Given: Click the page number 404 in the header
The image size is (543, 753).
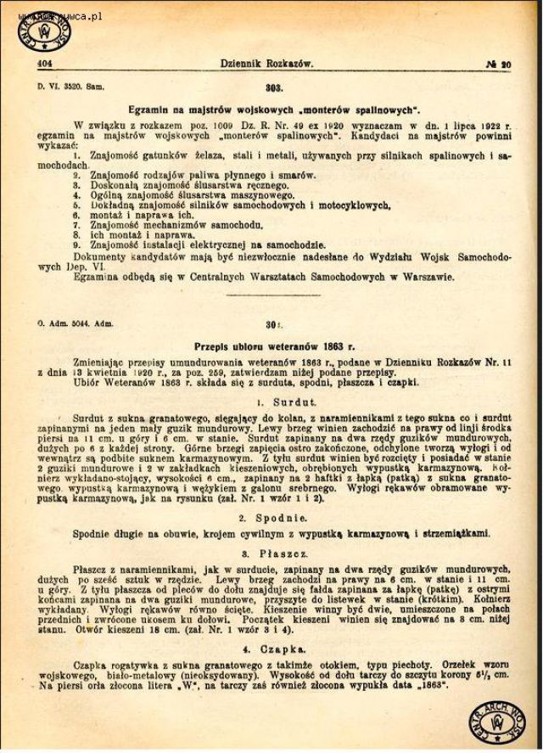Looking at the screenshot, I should [x=43, y=63].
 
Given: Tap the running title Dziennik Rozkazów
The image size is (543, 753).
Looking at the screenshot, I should [x=267, y=63].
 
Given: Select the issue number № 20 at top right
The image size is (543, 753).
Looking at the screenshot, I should [x=499, y=63].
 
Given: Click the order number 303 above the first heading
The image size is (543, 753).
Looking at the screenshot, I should [x=272, y=88].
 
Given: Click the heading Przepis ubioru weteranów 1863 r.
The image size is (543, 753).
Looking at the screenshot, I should [x=274, y=346].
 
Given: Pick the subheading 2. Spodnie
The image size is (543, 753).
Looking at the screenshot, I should [x=273, y=517].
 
